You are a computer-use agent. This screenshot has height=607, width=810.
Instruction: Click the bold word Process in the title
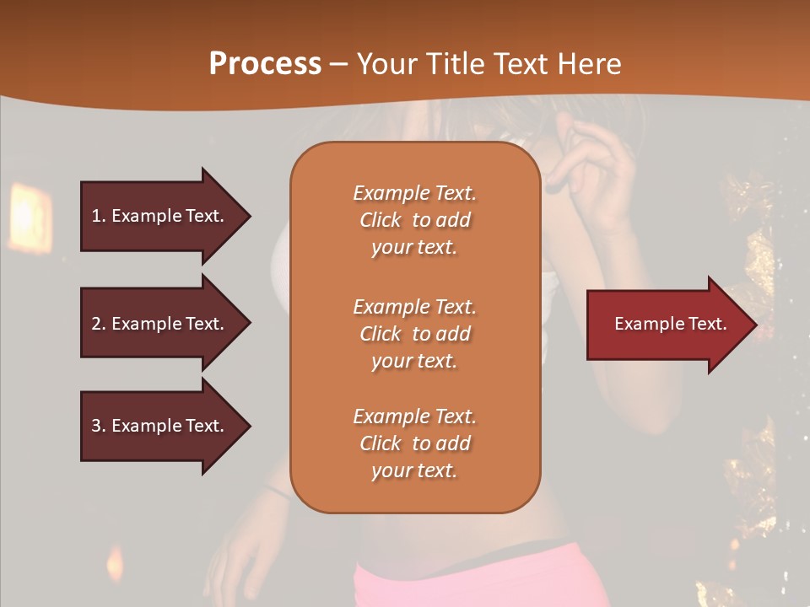pyautogui.click(x=265, y=64)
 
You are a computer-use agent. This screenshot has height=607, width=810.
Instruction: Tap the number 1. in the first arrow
pyautogui.click(x=98, y=216)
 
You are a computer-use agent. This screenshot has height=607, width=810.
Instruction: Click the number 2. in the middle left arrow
pyautogui.click(x=98, y=324)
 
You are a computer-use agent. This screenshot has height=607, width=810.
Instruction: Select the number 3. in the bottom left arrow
pyautogui.click(x=98, y=426)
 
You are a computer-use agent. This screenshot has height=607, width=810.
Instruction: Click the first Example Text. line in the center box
pyautogui.click(x=414, y=193)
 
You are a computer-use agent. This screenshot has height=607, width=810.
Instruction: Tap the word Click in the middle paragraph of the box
pyautogui.click(x=381, y=334)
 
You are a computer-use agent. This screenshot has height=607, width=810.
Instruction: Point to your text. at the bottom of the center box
pyautogui.click(x=414, y=471)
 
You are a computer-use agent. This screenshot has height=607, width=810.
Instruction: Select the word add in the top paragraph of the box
pyautogui.click(x=454, y=220)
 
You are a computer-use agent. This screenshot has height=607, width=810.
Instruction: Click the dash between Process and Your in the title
pyautogui.click(x=339, y=64)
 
